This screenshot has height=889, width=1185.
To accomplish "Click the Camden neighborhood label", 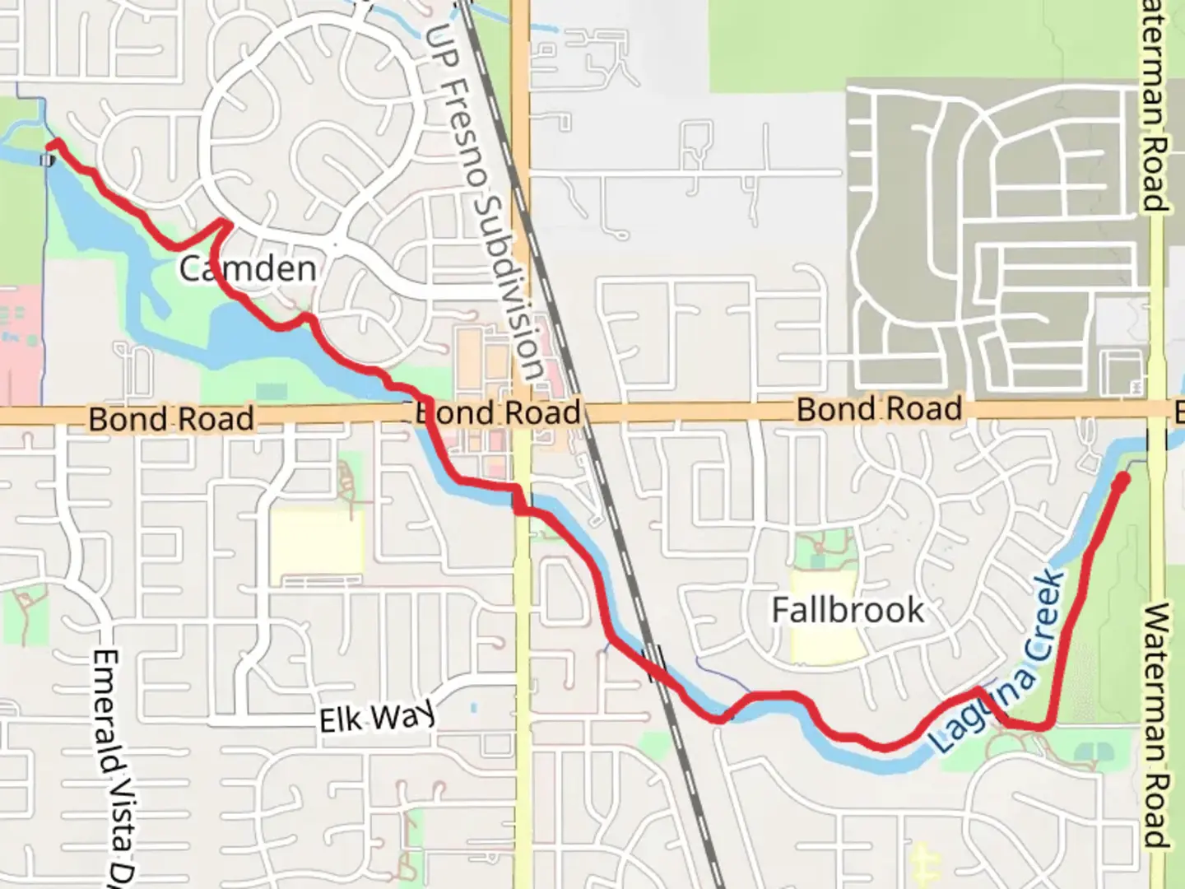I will point(247,269).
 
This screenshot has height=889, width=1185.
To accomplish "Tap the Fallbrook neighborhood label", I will point(848,611).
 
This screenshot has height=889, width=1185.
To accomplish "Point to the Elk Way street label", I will point(377,719).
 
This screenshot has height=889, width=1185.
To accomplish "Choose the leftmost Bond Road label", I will point(171,419).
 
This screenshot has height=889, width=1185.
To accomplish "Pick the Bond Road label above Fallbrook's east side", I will point(879,409).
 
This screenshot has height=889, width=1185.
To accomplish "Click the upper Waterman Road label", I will point(1155,107).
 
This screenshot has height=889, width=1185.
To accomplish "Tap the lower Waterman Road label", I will point(1156,724).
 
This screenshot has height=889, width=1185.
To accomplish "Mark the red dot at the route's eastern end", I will point(1120,481).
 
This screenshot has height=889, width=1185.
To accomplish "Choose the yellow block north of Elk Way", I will point(317,543).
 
